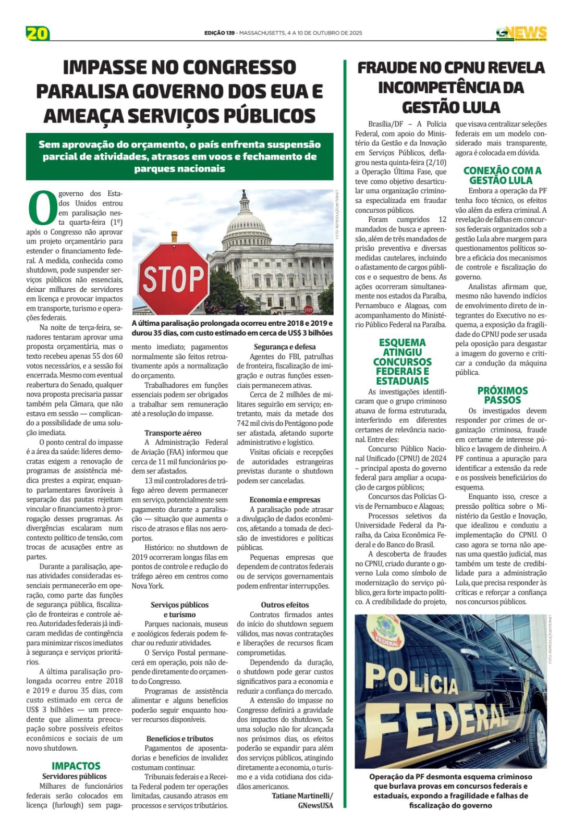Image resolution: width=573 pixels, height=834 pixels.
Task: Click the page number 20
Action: click(38, 33)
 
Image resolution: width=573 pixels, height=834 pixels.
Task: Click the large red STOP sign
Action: click(174, 276)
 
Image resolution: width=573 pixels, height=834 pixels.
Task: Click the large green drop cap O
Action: click(42, 207)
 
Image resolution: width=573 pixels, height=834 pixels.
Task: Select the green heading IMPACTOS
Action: click(76, 766)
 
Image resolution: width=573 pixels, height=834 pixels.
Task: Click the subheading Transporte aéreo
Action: click(173, 433)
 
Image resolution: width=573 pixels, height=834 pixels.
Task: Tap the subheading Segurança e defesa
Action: click(285, 347)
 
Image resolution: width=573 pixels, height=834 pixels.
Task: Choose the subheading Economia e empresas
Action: click(285, 499)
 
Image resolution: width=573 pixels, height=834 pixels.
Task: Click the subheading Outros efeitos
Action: click(285, 605)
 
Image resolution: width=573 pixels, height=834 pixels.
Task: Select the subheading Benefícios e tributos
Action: click(179, 739)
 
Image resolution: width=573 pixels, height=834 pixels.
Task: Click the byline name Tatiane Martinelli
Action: click(302, 795)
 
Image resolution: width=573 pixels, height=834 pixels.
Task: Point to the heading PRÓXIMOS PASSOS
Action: click(502, 395)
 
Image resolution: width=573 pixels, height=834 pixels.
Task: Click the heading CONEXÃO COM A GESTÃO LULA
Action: click(502, 175)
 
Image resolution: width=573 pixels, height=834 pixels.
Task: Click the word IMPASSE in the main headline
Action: click(105, 68)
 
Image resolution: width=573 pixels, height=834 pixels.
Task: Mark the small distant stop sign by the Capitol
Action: click(308, 310)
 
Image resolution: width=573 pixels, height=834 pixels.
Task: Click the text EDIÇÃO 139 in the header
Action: click(219, 33)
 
